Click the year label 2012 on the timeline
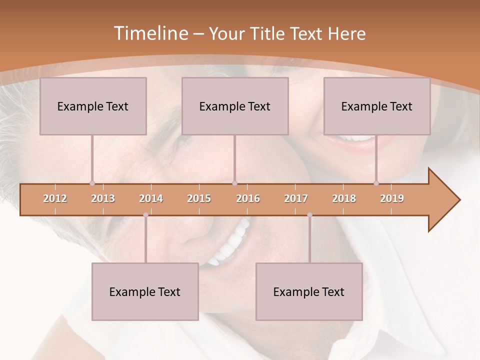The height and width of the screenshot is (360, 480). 55,199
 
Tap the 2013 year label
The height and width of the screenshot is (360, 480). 103,199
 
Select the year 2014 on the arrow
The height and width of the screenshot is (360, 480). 151,199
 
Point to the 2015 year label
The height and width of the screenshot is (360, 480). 199,199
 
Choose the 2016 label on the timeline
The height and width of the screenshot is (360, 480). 248,199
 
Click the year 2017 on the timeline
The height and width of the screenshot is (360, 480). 296,199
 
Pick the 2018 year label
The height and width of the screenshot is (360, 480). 344,199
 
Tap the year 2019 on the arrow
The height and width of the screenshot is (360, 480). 392,199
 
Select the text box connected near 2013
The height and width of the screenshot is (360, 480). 93,106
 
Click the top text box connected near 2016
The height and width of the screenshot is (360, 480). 235,106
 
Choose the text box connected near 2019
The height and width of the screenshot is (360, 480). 377,106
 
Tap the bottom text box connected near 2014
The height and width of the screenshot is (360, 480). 145,291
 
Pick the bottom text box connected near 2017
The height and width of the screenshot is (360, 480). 309,291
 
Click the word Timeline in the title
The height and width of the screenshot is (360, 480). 150,33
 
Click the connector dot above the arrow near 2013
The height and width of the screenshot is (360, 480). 92,183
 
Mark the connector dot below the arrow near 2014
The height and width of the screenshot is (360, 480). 145,215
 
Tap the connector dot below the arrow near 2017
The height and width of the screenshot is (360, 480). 309,215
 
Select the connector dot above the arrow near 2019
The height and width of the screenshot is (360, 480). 376,183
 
